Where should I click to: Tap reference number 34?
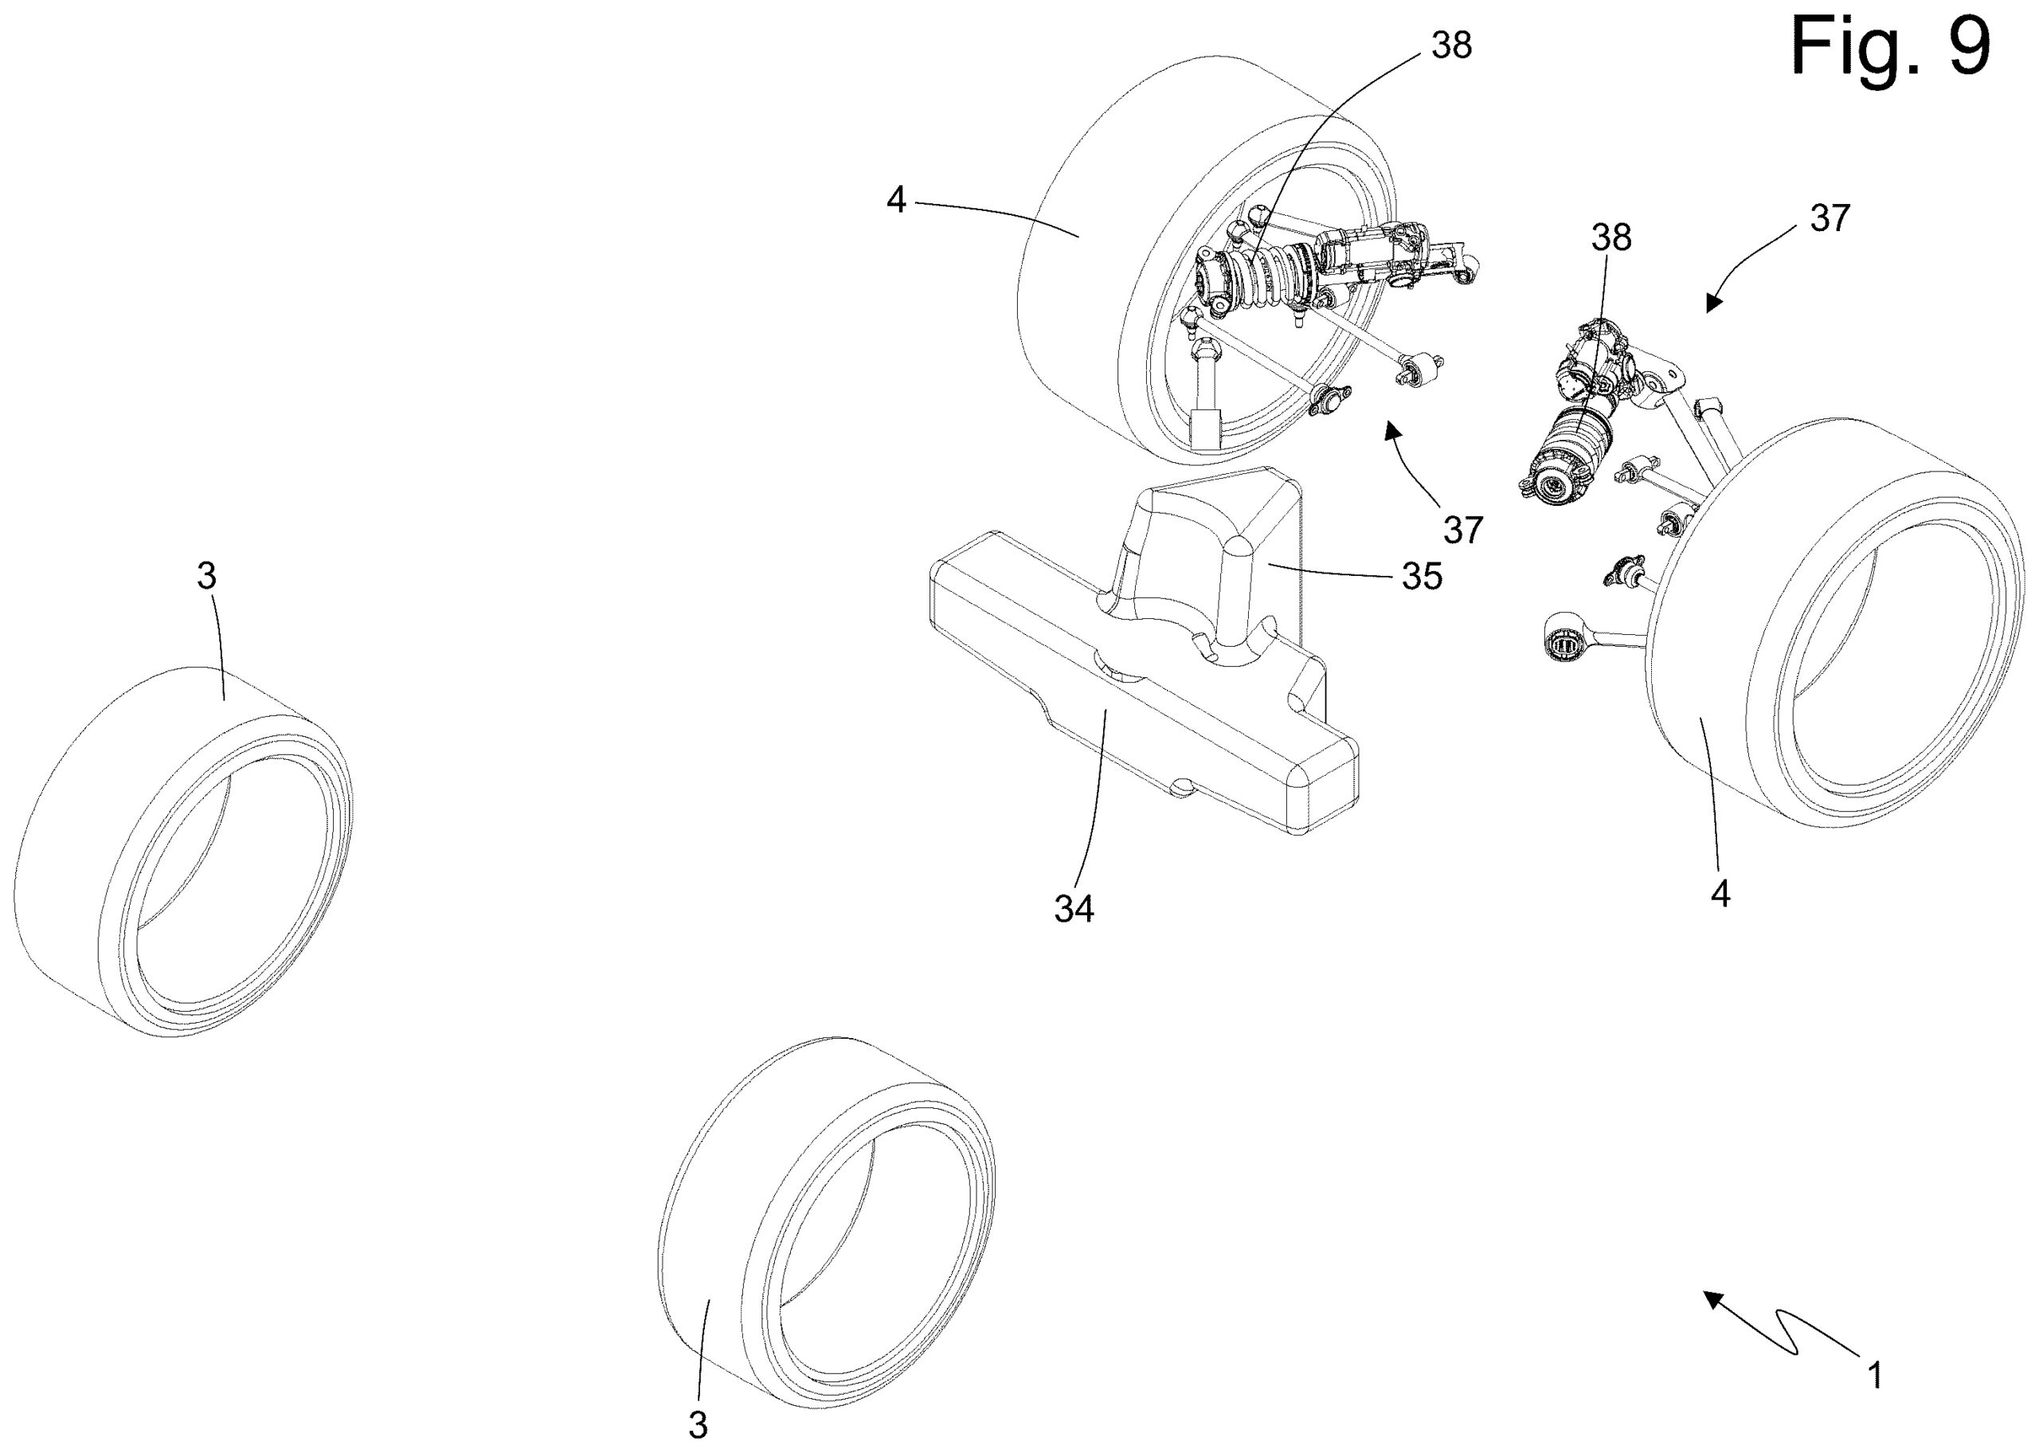tap(1074, 909)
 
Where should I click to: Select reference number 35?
tap(1421, 577)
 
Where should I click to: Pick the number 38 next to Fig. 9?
tap(1450, 45)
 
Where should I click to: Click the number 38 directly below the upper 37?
tap(1610, 237)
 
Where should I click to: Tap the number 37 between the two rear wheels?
tap(1463, 530)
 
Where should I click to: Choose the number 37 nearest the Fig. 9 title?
tap(1829, 218)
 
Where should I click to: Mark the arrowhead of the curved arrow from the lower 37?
tap(1391, 430)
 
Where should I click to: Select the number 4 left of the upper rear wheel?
tap(896, 201)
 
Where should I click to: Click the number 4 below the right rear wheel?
tap(1720, 894)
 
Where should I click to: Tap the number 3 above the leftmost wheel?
tap(206, 576)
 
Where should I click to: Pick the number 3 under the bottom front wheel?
tap(698, 1424)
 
